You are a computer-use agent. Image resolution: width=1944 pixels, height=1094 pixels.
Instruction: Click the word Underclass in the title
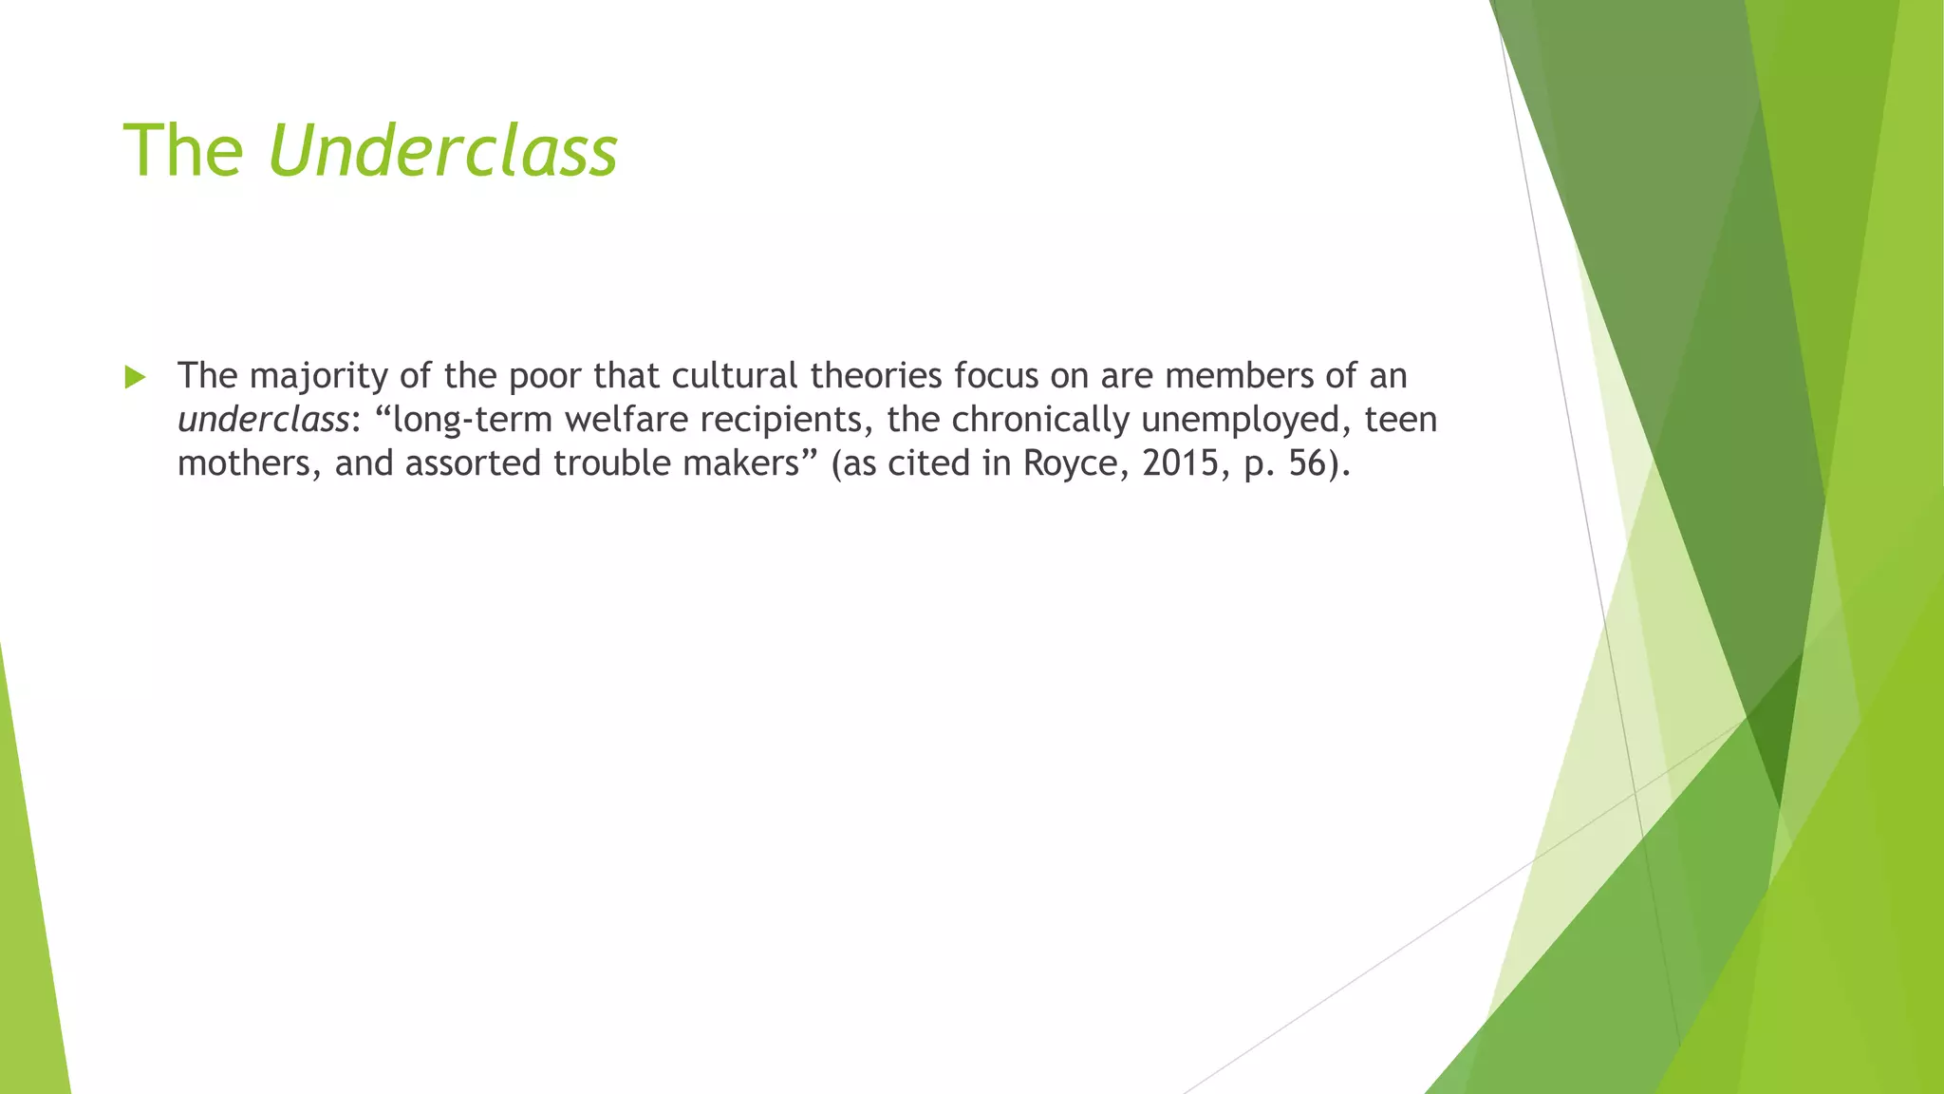443,151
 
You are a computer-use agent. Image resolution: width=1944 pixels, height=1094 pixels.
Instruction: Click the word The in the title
183,151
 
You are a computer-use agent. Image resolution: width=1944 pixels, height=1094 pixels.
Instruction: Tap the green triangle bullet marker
135,378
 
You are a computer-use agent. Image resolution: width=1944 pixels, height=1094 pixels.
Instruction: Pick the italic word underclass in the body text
263,420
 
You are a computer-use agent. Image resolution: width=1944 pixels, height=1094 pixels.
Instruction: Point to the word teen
1401,420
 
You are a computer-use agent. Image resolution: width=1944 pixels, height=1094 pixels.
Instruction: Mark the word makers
738,463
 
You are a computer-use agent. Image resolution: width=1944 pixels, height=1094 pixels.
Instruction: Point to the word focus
997,376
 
